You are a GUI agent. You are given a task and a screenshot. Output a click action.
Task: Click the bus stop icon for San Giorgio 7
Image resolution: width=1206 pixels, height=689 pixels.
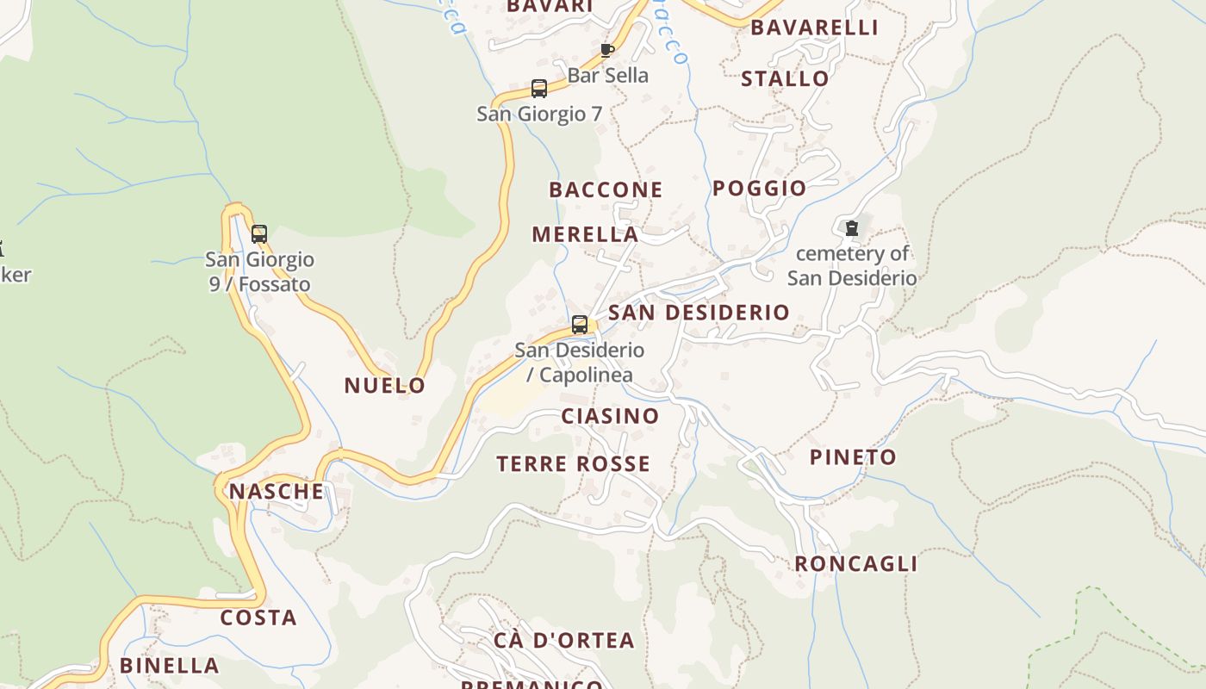click(x=539, y=88)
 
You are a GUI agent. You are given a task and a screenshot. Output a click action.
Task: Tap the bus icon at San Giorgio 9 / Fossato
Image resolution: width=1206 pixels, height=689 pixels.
click(x=258, y=233)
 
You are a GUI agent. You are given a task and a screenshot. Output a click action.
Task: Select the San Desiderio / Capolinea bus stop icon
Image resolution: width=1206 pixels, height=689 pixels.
click(x=580, y=325)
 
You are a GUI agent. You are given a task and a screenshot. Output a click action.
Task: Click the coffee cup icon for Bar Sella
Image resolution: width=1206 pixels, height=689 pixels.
click(x=606, y=50)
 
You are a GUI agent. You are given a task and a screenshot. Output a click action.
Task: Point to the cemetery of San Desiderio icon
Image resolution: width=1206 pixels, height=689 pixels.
click(x=851, y=228)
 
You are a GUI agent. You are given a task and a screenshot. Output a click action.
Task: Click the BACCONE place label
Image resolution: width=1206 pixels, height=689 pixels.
click(x=606, y=189)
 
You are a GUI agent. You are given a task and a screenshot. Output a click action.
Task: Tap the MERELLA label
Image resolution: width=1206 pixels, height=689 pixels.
click(x=585, y=234)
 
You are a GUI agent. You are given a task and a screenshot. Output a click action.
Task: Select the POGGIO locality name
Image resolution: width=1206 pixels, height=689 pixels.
click(x=759, y=188)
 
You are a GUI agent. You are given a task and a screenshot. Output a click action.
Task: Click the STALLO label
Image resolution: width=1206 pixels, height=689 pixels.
click(x=785, y=78)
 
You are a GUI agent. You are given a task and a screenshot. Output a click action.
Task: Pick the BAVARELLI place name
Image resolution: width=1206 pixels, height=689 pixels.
click(x=814, y=28)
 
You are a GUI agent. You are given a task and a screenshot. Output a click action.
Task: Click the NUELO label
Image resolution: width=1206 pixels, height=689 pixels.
click(x=385, y=385)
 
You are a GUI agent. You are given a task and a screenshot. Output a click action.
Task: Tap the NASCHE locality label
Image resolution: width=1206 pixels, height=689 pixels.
click(x=276, y=492)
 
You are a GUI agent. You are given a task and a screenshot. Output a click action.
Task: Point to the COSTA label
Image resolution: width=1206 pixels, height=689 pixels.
click(x=258, y=618)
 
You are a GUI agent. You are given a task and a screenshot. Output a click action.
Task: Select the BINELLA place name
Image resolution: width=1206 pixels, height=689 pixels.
click(x=170, y=665)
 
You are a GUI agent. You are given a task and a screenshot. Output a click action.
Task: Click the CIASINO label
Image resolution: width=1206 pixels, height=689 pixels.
click(x=610, y=416)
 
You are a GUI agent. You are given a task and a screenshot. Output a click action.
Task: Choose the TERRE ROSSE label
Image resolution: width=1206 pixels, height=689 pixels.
click(x=573, y=464)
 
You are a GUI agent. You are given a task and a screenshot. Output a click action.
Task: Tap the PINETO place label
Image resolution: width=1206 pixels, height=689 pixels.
click(x=853, y=457)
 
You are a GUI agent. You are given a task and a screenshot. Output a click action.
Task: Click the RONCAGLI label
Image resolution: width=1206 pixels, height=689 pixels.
click(x=855, y=564)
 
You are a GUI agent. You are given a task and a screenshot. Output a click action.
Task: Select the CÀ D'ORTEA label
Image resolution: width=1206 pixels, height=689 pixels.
click(x=564, y=640)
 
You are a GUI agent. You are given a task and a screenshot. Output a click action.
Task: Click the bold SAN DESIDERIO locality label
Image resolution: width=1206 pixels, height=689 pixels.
click(x=699, y=312)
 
